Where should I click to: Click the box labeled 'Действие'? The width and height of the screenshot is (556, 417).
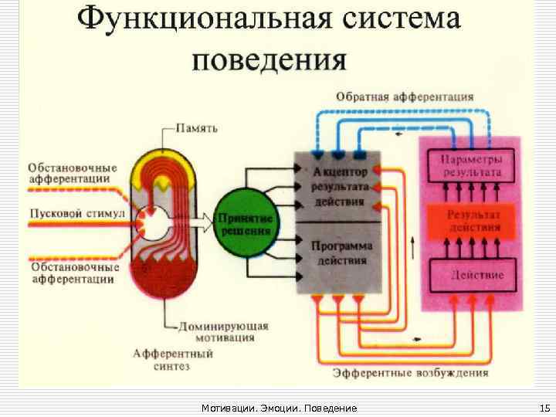point(470,275)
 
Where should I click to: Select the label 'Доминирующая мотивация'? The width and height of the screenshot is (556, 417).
point(223,333)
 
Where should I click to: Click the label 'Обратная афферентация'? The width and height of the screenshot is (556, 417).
point(405,97)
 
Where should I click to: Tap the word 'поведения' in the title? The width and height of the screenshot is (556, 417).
point(269,59)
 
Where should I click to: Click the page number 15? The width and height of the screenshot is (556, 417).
point(543,407)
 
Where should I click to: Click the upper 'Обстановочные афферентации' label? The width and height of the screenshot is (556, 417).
point(73,174)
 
